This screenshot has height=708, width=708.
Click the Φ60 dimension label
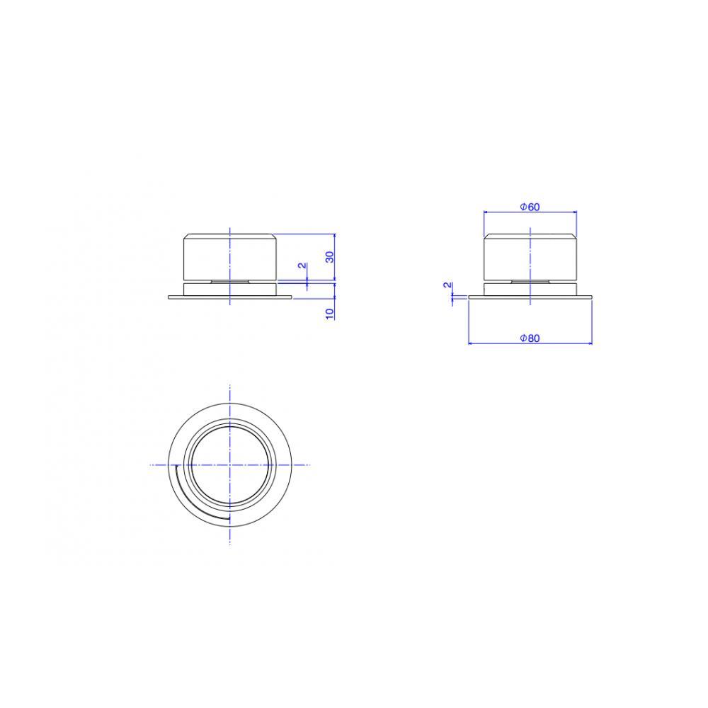530,207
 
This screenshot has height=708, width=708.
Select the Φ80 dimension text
530,338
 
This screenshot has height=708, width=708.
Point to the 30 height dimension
330,257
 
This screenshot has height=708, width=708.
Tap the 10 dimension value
330,314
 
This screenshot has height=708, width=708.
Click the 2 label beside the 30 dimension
302,265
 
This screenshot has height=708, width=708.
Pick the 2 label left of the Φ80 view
447,285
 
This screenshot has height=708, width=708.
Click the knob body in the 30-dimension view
230,257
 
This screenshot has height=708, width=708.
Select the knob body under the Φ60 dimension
530,257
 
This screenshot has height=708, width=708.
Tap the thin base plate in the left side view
230,297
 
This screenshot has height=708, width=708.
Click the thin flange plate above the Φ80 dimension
530,297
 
